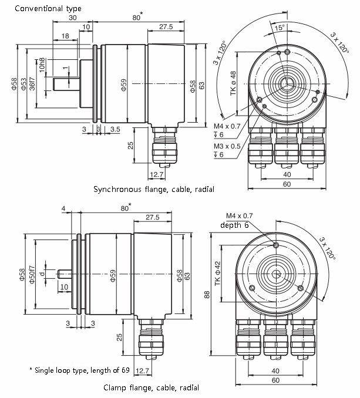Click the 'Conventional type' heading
click(48, 9)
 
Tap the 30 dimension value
click(73, 18)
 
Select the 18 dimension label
click(65, 36)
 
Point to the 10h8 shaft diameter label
click(42, 65)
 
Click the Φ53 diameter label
click(23, 84)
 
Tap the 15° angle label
click(280, 28)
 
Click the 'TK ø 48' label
click(233, 83)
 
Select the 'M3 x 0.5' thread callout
click(227, 146)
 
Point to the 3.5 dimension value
click(115, 129)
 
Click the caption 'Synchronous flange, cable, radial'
click(154, 190)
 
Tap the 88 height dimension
click(207, 295)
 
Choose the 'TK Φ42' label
click(217, 274)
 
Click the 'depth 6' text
click(234, 225)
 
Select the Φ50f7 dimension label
click(32, 275)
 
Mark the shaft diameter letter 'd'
click(43, 274)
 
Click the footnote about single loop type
click(80, 370)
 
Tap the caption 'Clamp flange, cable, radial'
click(152, 388)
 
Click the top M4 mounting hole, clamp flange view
click(276, 245)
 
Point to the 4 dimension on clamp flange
click(63, 208)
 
